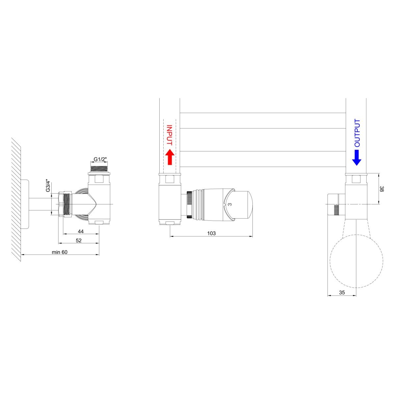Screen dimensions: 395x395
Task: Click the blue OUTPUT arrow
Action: (x=357, y=158)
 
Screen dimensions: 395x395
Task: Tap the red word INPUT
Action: (x=170, y=135)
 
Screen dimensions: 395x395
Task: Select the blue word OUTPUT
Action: (x=357, y=133)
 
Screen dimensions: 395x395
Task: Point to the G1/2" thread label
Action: (x=100, y=159)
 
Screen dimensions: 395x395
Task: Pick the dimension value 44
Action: (x=81, y=231)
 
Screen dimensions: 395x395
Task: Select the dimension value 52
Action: (x=79, y=240)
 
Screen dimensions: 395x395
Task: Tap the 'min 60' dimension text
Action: (x=60, y=252)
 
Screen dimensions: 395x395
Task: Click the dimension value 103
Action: (x=211, y=233)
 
